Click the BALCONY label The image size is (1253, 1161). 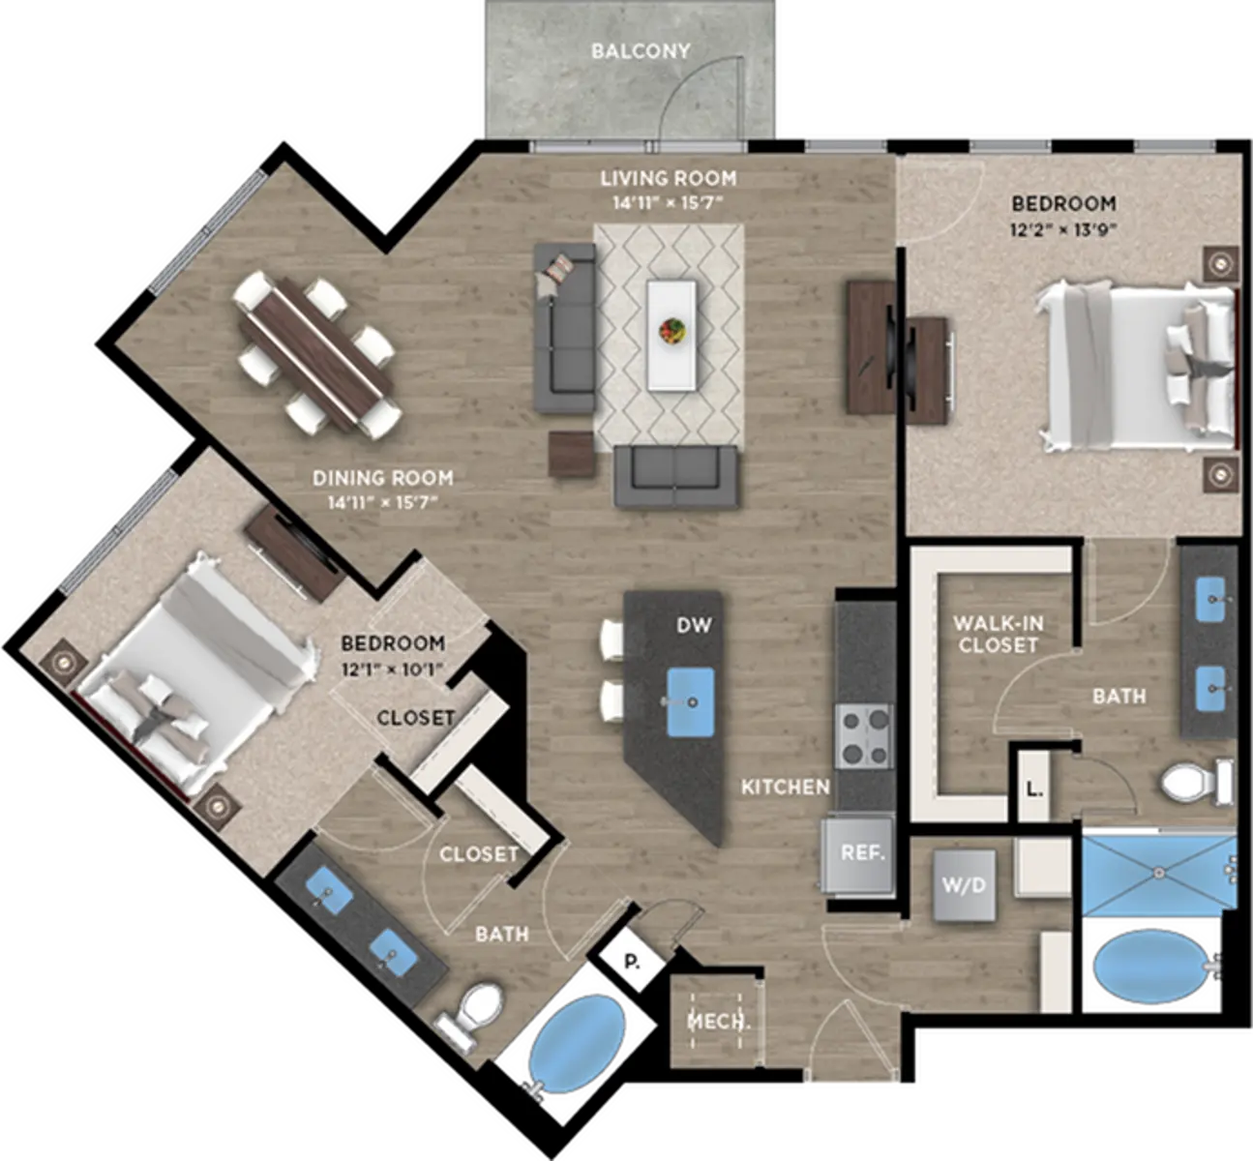tap(641, 51)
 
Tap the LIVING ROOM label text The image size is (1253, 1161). tap(669, 179)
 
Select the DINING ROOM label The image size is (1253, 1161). tap(383, 478)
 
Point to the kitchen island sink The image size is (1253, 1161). tap(691, 702)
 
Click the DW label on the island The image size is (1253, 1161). tap(694, 625)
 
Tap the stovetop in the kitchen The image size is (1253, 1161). tap(864, 735)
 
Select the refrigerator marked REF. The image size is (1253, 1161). tap(858, 855)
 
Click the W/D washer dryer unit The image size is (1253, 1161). tap(964, 885)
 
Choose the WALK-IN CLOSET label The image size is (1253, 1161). tap(998, 634)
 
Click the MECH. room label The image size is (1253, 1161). tap(719, 1022)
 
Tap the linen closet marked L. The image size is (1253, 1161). tap(1032, 789)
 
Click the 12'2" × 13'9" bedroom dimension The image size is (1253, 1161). tap(1063, 229)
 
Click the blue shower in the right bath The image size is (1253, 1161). tap(1159, 874)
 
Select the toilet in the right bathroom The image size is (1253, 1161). tap(1197, 784)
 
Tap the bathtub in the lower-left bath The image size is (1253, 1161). tap(577, 1043)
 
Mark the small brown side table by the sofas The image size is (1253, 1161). tap(572, 455)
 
